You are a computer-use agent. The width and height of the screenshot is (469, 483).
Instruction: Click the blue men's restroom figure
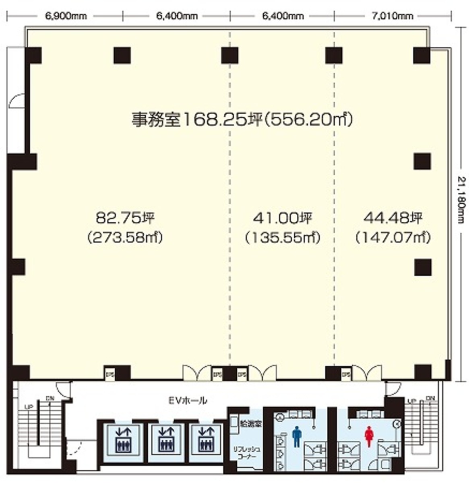click(297, 437)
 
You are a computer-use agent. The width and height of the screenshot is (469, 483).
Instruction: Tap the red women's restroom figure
click(369, 437)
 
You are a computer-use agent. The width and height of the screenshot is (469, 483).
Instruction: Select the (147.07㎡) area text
click(393, 237)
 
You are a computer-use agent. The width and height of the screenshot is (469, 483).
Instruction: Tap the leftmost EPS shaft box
click(110, 374)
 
